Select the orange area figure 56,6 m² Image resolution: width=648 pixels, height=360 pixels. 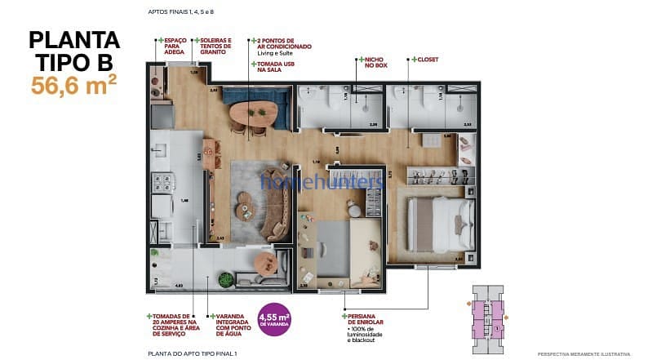(73, 84)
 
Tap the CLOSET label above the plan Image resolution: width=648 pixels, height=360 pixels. (427, 60)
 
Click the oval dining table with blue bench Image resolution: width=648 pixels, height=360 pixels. (257, 109)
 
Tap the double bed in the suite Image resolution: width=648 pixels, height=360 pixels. (441, 223)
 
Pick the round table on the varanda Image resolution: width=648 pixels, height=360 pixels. (266, 263)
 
